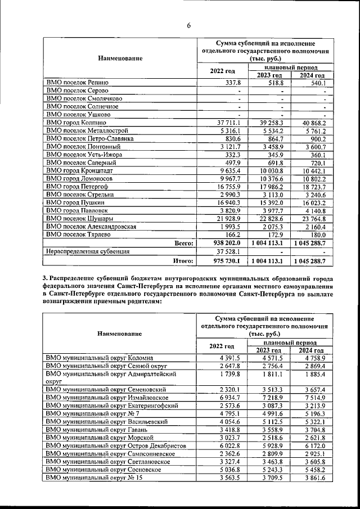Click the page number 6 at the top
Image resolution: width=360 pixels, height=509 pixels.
(189, 25)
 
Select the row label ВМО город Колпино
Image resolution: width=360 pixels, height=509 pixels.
(75, 123)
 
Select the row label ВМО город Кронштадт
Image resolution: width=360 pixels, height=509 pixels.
(79, 170)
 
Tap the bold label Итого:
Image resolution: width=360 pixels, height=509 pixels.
(183, 261)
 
